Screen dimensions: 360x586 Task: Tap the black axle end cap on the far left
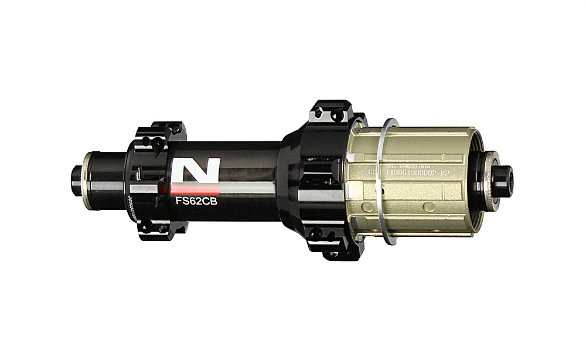point(77,176)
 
